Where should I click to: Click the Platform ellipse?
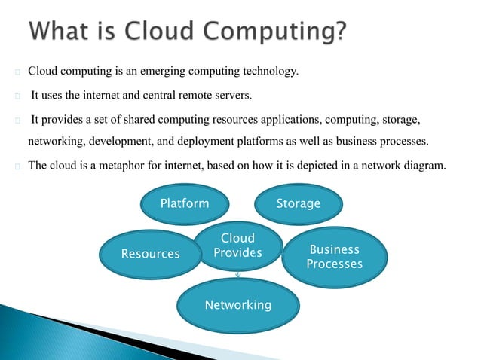[185, 203]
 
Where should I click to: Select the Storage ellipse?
[298, 203]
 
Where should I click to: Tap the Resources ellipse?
[151, 254]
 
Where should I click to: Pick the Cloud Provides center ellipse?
[237, 246]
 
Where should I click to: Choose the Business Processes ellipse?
[334, 257]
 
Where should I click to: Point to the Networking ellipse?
[237, 305]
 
